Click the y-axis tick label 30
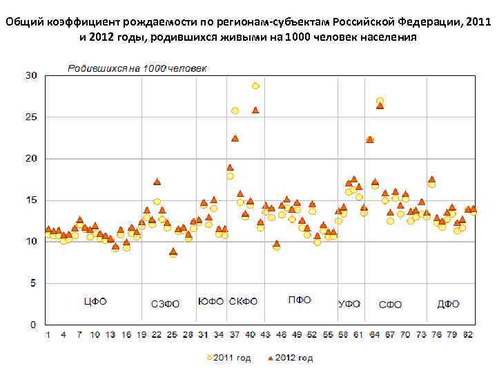tap(31, 75)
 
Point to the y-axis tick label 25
tap(31, 117)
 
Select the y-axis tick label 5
tap(34, 283)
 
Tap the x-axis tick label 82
tap(468, 335)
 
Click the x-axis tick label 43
tap(265, 335)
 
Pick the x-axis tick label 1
tap(48, 335)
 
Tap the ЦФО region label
tap(95, 302)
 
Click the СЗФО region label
tap(165, 304)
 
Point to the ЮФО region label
tap(211, 302)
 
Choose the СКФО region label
tap(243, 302)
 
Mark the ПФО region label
tap(300, 300)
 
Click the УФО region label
tap(349, 304)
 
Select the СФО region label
tap(390, 304)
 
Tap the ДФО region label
tap(449, 304)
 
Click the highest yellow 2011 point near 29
tap(255, 86)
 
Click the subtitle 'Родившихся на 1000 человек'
tap(137, 68)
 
